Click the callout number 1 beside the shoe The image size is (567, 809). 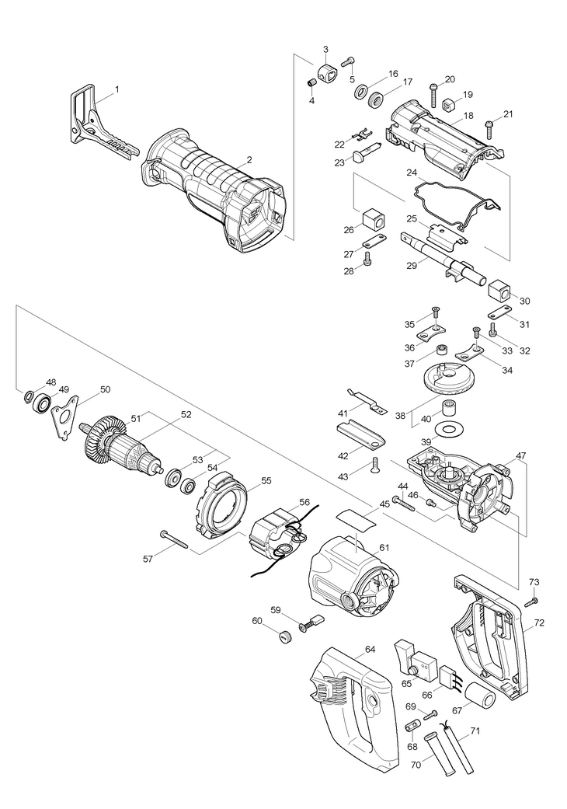pos(117,90)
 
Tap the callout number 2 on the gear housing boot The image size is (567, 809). pos(249,159)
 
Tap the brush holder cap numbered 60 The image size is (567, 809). pos(284,636)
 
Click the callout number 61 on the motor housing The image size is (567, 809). pos(383,548)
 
